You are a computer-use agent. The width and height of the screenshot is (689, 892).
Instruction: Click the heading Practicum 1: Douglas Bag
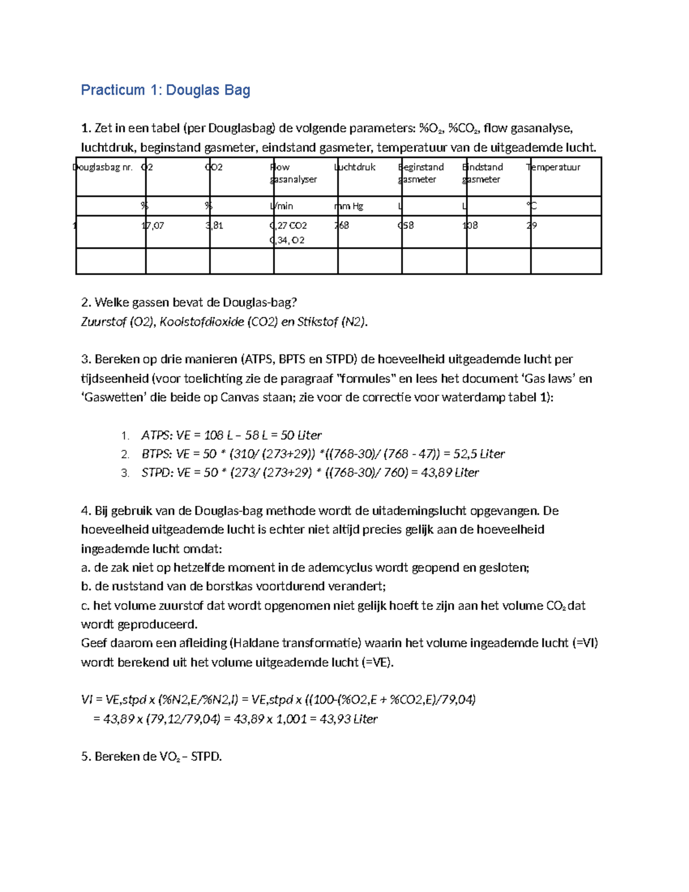pyautogui.click(x=165, y=90)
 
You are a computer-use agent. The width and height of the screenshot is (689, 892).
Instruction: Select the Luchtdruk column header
pyautogui.click(x=355, y=167)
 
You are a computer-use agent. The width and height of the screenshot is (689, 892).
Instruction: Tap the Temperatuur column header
pyautogui.click(x=553, y=167)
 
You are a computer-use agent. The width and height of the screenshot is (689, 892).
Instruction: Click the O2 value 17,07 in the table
pyautogui.click(x=153, y=226)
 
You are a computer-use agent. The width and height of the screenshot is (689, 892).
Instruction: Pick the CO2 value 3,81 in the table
pyautogui.click(x=214, y=226)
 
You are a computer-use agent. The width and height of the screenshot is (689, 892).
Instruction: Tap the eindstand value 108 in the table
pyautogui.click(x=470, y=226)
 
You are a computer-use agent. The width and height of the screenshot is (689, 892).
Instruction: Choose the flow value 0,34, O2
pyautogui.click(x=287, y=241)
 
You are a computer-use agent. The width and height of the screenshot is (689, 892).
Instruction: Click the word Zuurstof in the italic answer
pyautogui.click(x=103, y=322)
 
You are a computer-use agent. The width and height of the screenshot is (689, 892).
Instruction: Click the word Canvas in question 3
pyautogui.click(x=239, y=397)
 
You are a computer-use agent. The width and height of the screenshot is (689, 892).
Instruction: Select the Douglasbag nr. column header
pyautogui.click(x=103, y=167)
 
